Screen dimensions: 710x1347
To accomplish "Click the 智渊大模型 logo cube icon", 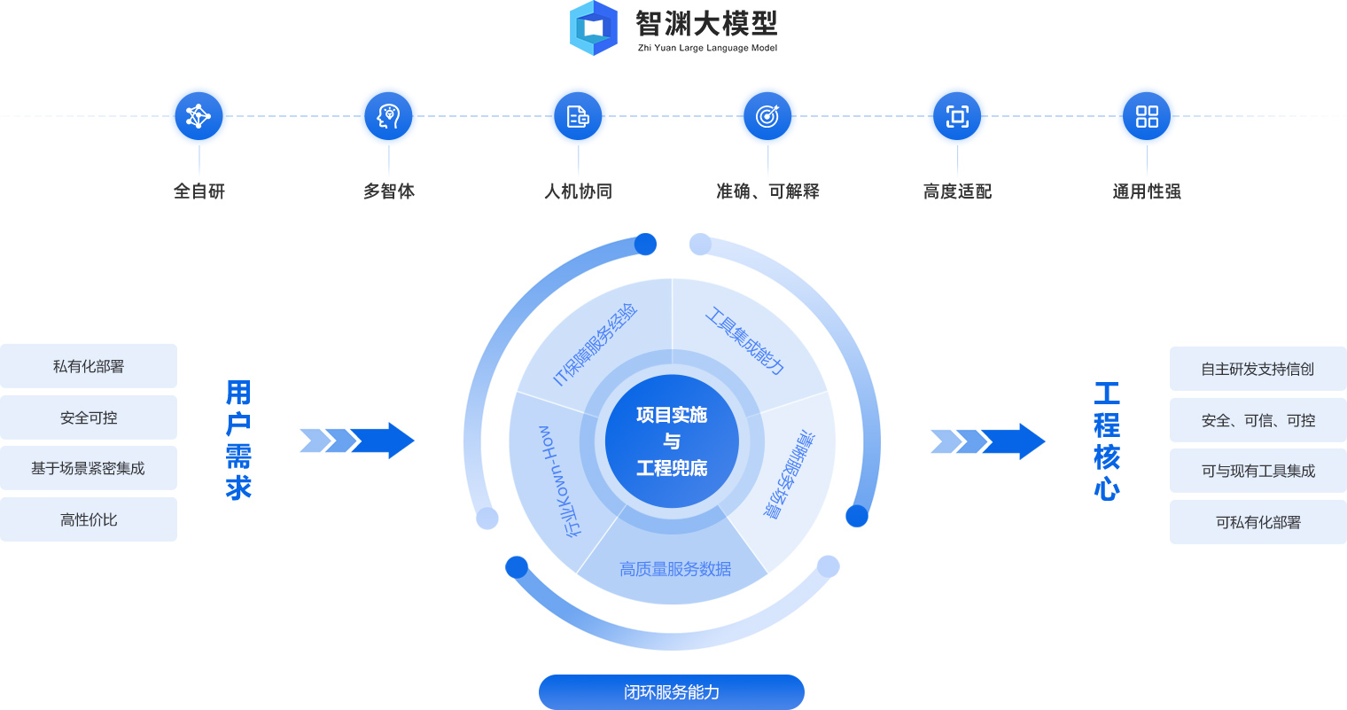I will [594, 28].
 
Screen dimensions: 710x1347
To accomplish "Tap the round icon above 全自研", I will [199, 116].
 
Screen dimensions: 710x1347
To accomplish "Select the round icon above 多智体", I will [388, 116].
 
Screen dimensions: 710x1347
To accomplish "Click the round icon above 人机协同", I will [578, 116].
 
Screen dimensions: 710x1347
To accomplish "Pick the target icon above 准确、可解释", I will [767, 116].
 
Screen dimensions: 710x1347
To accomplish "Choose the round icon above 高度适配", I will [957, 116].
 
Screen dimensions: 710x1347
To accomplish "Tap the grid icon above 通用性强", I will [1147, 116].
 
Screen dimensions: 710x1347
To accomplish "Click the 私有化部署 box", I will [89, 366].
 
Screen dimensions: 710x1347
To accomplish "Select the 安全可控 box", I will [89, 417].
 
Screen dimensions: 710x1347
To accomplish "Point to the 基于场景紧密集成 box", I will [89, 468].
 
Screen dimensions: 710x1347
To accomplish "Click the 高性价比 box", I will [89, 519].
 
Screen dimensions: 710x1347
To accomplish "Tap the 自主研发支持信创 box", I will [1257, 369].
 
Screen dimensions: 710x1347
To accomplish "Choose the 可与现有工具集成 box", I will [1257, 471].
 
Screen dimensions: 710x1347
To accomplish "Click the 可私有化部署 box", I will [1257, 522].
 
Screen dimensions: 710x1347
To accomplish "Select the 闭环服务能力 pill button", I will [671, 692].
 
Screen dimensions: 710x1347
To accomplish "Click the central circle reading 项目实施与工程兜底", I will [672, 441].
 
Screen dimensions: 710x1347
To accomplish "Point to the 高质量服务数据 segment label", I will [675, 569].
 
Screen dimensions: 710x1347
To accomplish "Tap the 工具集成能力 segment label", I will [745, 341].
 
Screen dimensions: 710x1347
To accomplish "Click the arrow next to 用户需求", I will [357, 441].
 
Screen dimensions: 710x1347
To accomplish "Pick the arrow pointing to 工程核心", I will [988, 441].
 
